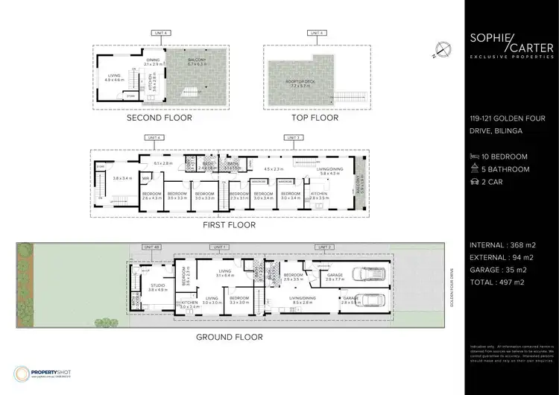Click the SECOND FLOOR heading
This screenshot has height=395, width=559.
(x=159, y=118)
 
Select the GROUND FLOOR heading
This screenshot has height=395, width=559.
(x=230, y=337)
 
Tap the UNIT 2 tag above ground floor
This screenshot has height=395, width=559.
(x=326, y=247)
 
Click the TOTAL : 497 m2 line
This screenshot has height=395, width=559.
(x=502, y=282)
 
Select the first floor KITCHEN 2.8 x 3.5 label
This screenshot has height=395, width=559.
(x=320, y=196)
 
